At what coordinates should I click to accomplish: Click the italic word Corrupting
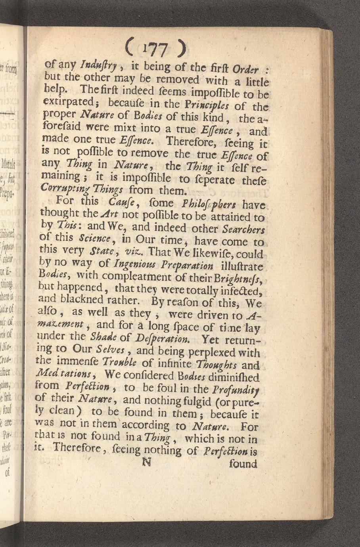click(60, 187)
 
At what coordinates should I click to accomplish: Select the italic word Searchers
click(243, 230)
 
